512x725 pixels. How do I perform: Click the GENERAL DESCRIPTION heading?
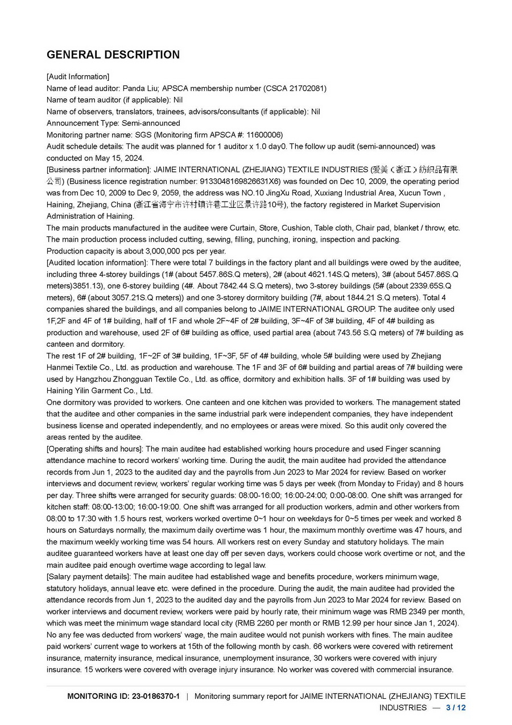coord(113,55)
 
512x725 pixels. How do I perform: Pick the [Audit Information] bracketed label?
coord(78,77)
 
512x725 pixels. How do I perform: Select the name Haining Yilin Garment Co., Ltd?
coord(100,391)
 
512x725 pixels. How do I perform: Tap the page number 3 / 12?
coord(456,707)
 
